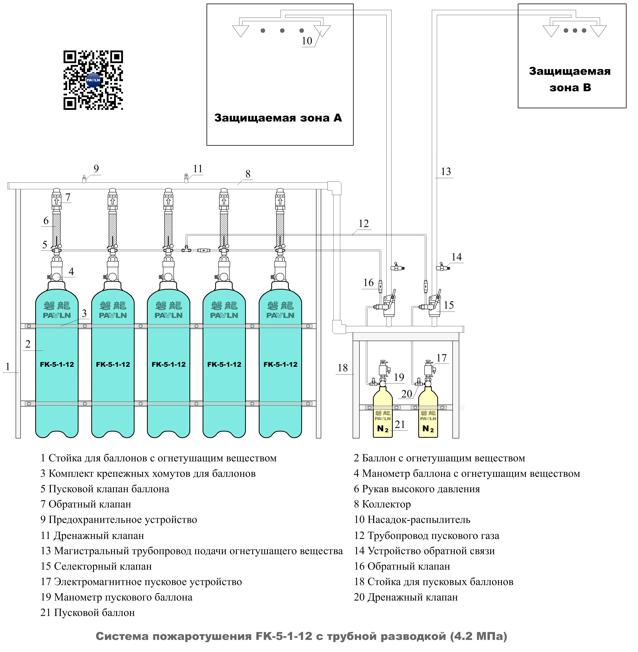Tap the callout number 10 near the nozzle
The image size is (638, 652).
(x=307, y=41)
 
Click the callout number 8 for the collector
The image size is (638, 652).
(x=248, y=174)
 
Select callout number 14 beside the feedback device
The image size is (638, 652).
(x=456, y=257)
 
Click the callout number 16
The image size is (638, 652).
(x=368, y=283)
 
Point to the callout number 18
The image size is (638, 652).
(x=342, y=368)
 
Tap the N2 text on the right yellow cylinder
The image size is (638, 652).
(x=428, y=429)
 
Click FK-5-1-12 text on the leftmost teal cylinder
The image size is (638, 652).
(x=57, y=364)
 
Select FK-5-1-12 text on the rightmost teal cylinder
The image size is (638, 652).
(x=280, y=364)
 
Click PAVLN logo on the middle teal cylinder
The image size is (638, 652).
(x=169, y=315)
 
